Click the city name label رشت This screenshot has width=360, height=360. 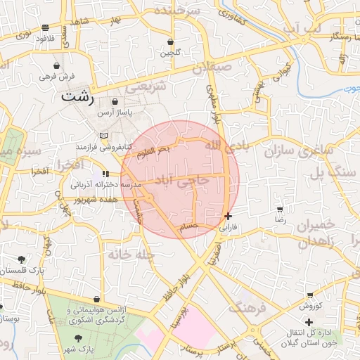(76, 96)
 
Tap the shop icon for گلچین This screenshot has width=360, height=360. (171, 41)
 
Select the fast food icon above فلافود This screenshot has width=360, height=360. (46, 27)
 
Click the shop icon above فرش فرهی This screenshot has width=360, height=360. (66, 65)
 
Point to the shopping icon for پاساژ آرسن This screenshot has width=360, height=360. (115, 102)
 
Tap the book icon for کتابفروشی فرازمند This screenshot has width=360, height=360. (104, 136)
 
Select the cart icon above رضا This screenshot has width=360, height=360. (281, 210)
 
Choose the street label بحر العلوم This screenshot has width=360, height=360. (153, 151)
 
